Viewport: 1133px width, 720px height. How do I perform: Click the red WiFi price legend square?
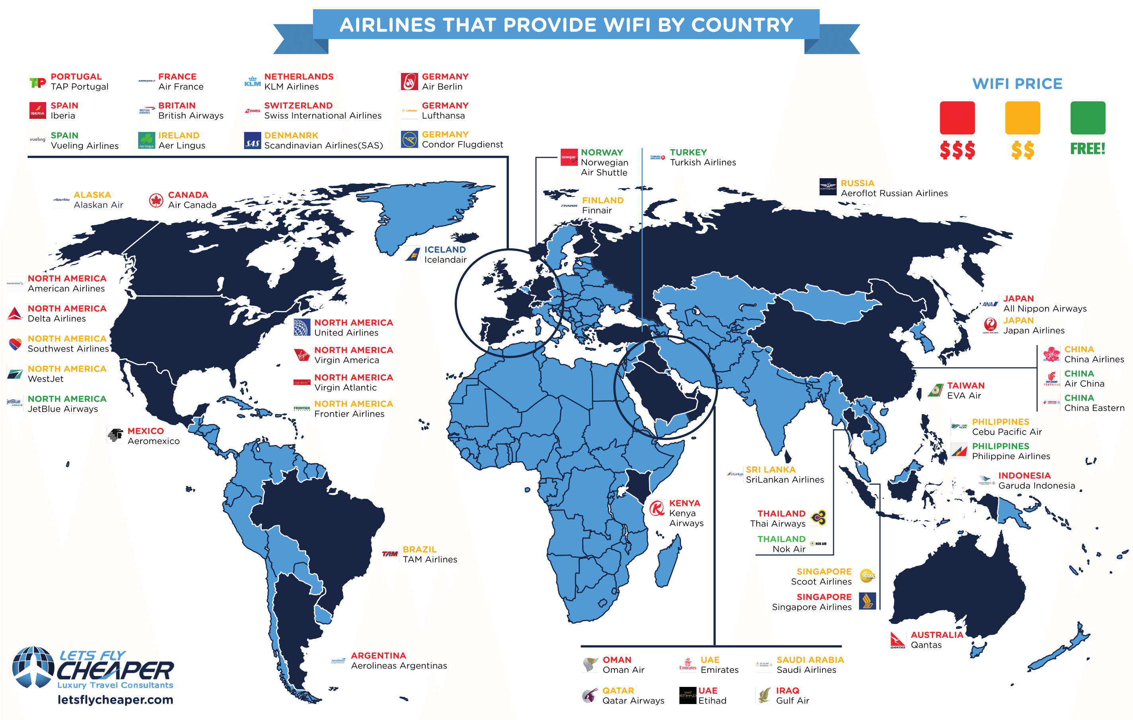point(957,118)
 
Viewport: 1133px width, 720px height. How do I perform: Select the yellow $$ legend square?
point(1022,118)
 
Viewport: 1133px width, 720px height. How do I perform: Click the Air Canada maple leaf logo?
point(156,201)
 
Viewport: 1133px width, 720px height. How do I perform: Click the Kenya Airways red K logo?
point(657,509)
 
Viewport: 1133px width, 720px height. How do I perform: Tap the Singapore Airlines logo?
point(867,601)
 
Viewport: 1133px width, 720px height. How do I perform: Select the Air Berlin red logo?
point(409,81)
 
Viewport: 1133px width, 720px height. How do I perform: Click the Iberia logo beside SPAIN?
point(38,111)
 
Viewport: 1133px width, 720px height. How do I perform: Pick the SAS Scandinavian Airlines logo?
point(252,141)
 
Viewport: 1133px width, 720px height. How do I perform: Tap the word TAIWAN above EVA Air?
point(965,386)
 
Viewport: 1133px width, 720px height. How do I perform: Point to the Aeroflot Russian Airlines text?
point(894,193)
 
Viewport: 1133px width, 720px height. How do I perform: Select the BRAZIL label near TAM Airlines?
point(420,549)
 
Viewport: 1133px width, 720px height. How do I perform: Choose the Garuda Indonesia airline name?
point(1037,486)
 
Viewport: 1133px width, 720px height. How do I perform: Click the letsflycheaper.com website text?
point(115,700)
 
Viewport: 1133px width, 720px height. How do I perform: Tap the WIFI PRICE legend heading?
point(1017,84)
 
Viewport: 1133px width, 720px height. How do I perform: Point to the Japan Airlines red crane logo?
point(990,325)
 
